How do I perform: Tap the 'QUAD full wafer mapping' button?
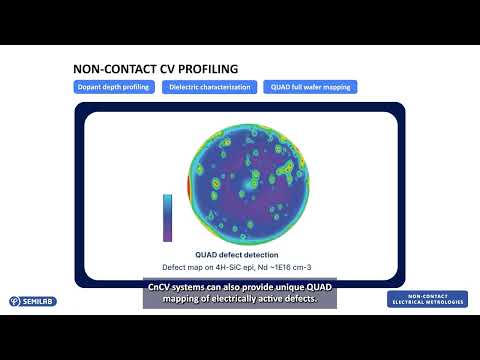(x=310, y=87)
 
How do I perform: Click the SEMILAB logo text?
(x=39, y=300)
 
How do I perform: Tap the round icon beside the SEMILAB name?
(x=14, y=300)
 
